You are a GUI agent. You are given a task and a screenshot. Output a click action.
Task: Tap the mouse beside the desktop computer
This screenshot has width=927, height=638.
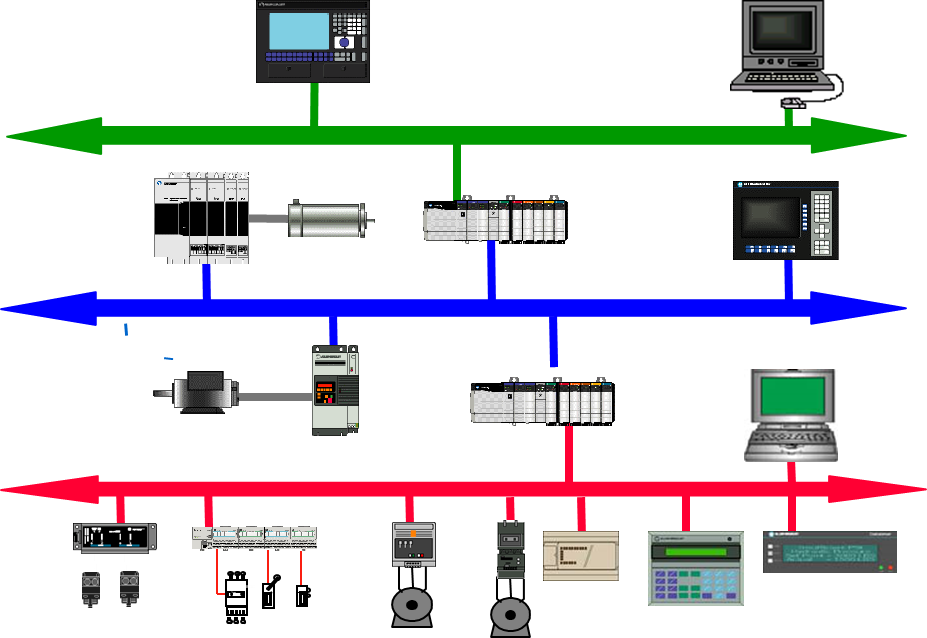(x=791, y=102)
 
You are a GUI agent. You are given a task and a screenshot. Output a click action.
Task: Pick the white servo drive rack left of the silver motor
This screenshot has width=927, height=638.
(x=201, y=219)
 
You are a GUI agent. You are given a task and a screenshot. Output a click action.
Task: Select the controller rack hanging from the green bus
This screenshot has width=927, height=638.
(x=494, y=221)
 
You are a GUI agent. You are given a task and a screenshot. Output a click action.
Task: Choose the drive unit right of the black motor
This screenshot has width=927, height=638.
(x=335, y=390)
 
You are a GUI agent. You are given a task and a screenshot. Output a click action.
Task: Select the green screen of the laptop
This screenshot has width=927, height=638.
(x=790, y=399)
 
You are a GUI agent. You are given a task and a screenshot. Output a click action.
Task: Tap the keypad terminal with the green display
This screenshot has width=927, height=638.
(x=695, y=568)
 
